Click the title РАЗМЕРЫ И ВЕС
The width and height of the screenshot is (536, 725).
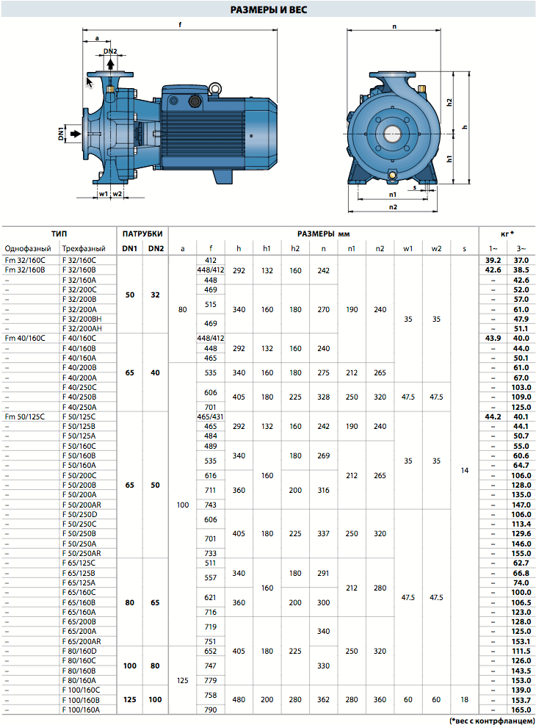coord(269,10)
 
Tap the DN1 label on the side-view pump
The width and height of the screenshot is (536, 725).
coord(61,134)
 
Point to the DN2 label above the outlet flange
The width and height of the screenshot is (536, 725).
coord(110,51)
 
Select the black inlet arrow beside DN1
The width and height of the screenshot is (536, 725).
coord(75,134)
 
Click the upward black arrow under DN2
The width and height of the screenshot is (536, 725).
coord(110,63)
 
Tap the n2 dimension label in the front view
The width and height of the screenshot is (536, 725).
coord(393,207)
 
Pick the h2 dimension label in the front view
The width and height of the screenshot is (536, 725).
coord(449,103)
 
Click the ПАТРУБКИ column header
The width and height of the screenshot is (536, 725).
coord(142,234)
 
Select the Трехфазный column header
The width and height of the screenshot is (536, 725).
coord(84,249)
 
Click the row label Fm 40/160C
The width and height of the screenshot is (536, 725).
coord(25,339)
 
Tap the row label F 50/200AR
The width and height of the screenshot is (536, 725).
coord(82,505)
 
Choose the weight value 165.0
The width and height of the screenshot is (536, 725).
coord(521,710)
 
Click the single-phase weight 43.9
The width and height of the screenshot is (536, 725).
coord(493,339)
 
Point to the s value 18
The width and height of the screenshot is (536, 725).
coord(464,700)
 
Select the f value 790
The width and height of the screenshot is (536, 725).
coord(210,710)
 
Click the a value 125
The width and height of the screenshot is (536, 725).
coord(183,681)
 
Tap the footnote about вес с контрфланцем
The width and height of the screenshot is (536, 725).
coord(492,721)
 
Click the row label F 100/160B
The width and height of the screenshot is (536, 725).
coord(81,700)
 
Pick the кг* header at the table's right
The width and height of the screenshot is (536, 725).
coord(507,234)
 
